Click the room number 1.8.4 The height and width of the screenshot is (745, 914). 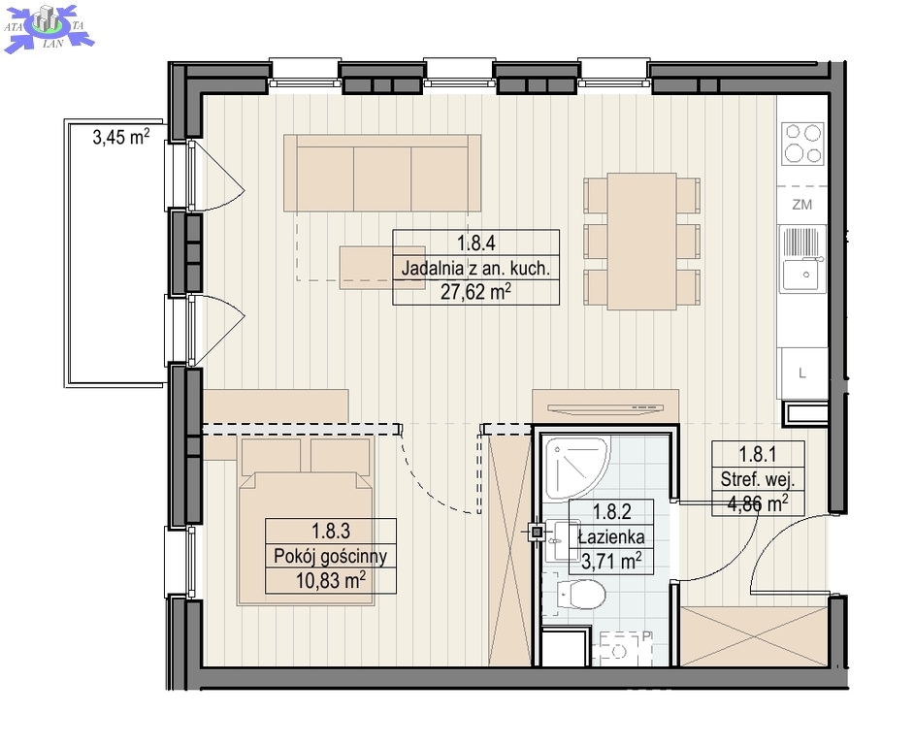[x=475, y=243]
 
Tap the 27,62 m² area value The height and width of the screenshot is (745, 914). [x=475, y=291]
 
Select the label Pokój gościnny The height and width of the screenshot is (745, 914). [x=331, y=556]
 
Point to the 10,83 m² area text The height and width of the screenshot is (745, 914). [x=331, y=580]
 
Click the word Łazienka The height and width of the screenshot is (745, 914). [x=611, y=536]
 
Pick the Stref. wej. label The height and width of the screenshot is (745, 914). [x=758, y=479]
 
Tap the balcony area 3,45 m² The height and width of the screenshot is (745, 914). [x=121, y=137]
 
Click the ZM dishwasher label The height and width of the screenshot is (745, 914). [x=802, y=205]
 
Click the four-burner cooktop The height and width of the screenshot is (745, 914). [x=803, y=143]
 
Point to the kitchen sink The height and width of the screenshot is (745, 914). [x=803, y=259]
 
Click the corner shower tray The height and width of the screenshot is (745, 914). [x=576, y=468]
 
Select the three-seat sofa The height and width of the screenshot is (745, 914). [x=382, y=173]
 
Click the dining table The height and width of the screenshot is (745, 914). [x=641, y=242]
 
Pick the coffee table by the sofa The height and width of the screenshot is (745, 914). [x=367, y=268]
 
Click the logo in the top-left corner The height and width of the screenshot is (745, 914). [x=49, y=27]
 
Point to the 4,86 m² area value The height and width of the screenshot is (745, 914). [x=758, y=503]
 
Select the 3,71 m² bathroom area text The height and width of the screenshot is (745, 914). [x=611, y=561]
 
